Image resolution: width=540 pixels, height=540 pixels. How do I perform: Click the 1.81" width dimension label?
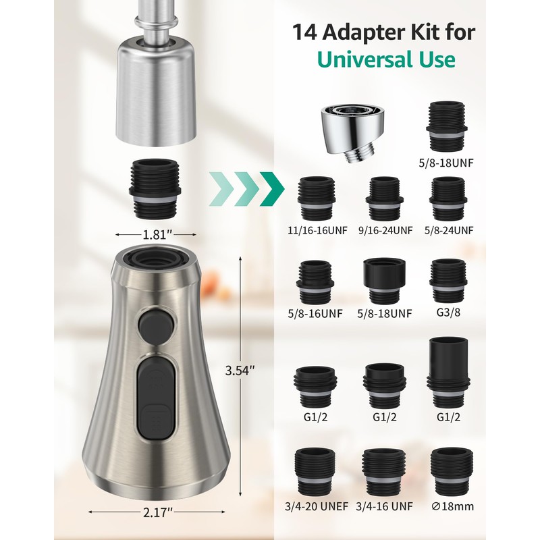coord(157,235)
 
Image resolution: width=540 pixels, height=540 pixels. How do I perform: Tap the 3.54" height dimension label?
coord(240,371)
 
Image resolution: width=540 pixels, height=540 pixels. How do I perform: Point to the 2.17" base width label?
coord(157,513)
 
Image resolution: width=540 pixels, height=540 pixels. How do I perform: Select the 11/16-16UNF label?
coord(317,230)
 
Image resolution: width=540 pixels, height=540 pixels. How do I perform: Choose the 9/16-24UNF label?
coord(385,230)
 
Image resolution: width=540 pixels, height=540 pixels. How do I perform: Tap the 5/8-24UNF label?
coord(449,230)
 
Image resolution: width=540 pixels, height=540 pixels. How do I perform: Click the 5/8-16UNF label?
coord(315,314)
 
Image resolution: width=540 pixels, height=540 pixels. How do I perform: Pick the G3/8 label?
coord(448,313)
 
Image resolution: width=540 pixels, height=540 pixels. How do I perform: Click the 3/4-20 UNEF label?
coord(317,507)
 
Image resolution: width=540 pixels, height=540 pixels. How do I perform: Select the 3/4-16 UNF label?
coord(384,507)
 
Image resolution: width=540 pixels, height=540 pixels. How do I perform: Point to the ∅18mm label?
coord(452,507)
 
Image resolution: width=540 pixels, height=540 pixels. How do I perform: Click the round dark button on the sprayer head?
coord(156,326)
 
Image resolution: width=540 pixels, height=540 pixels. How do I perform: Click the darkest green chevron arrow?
coord(272,189)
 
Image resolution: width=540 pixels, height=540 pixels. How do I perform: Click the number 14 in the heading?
coord(305,32)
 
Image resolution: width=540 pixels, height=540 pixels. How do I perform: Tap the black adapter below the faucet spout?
coord(155,189)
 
